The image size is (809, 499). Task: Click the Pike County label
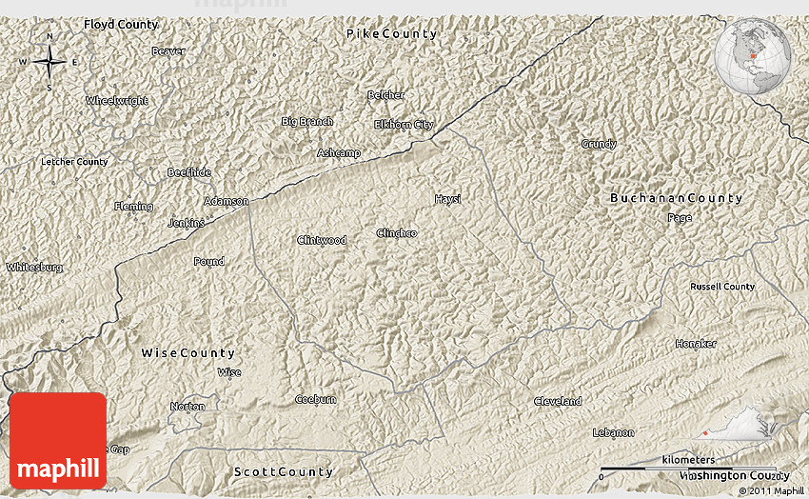coord(391,34)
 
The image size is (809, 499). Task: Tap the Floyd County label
coord(121,23)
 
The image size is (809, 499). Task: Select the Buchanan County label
coord(676,198)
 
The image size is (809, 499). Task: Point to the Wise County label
coord(187,353)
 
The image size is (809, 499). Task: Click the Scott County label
coord(284,472)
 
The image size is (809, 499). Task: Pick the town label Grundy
coord(599,144)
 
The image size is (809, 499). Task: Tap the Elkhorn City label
coord(403,125)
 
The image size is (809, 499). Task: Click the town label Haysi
coord(447,199)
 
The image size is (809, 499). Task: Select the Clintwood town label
coord(322,240)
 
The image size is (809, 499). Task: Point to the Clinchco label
coord(396,233)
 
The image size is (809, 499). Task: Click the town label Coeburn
coord(315,399)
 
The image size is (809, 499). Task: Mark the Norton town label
coord(187,407)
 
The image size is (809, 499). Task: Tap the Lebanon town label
coord(613,432)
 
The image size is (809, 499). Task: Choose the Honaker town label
coord(695,344)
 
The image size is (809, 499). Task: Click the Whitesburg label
coord(34,268)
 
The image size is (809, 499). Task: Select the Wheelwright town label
coord(117,101)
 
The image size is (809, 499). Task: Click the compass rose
coord(49,63)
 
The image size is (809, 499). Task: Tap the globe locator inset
coord(753,57)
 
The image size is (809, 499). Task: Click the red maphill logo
coord(58,440)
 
